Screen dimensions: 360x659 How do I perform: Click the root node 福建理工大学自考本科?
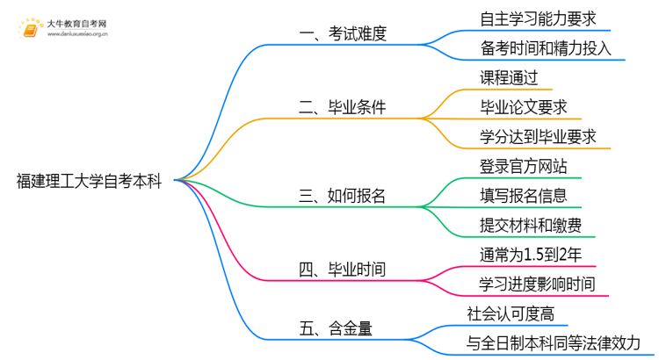[89, 181]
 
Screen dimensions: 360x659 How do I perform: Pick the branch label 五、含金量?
[336, 328]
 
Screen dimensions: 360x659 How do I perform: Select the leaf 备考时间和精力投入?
[545, 48]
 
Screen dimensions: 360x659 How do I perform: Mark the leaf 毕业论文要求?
[524, 107]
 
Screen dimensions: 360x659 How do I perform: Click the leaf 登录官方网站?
[524, 166]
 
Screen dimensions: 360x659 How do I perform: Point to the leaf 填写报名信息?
[524, 195]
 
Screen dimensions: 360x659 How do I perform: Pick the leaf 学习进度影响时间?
[537, 284]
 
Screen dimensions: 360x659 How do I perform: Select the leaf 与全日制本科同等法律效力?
[554, 342]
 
